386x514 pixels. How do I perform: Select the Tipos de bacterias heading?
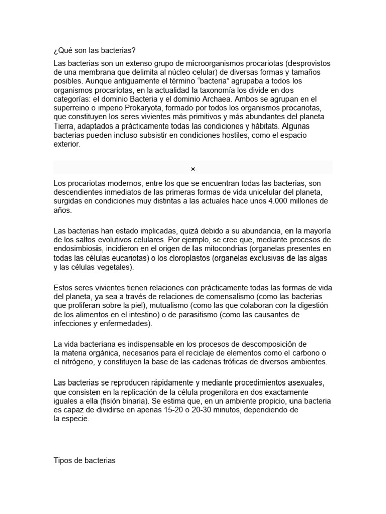click(x=84, y=460)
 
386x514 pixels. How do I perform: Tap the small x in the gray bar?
click(x=192, y=169)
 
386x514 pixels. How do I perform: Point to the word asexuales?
click(x=304, y=382)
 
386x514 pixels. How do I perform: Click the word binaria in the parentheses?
click(x=134, y=401)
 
